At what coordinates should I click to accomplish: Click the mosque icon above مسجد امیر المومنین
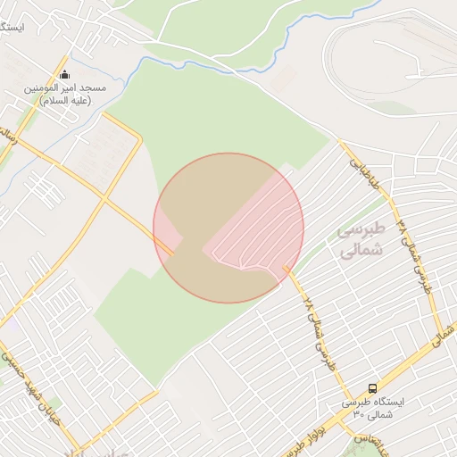coord(63,75)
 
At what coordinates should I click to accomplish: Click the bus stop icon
coord(372,388)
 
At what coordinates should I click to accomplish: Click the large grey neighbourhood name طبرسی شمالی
coord(361,240)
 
